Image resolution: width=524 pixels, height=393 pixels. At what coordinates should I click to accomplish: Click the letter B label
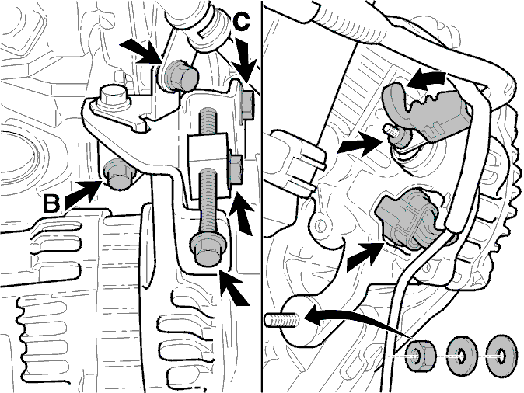click(52, 203)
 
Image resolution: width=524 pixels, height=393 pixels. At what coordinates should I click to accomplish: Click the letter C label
click(240, 23)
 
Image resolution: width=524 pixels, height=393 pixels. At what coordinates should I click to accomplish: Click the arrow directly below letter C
click(246, 60)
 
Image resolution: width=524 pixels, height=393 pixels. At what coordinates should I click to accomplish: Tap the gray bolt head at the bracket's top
click(180, 76)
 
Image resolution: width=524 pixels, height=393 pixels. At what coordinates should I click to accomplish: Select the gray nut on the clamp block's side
click(236, 170)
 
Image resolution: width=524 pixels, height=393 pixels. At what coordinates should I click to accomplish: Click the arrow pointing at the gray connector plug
click(365, 255)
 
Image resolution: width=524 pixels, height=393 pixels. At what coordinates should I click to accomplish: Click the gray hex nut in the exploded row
click(421, 355)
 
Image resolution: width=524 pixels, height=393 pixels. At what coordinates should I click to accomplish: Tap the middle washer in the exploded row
click(463, 356)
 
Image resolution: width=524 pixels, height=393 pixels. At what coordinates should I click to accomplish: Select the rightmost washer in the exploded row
click(502, 356)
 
